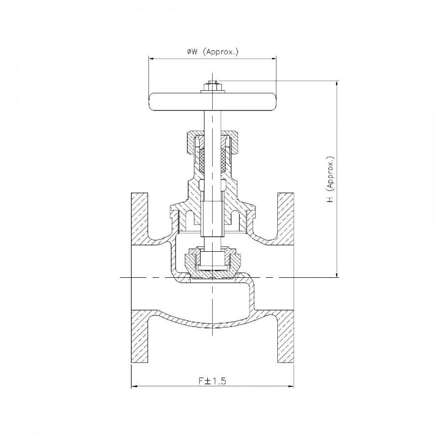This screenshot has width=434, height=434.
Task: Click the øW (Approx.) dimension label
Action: pos(213,52)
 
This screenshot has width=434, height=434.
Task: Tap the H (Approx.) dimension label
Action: pos(330,179)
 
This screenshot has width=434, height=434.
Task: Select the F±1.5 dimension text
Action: pos(212,381)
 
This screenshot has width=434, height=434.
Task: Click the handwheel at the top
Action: pos(213,102)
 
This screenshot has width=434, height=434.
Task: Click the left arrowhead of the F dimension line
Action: pos(134,386)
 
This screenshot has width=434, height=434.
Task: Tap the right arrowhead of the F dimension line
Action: pos(291,386)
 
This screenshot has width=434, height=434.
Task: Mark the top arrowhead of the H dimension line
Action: pos(337,84)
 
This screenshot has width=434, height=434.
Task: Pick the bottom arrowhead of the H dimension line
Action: pos(337,273)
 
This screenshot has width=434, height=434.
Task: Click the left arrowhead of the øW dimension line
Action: pos(152,58)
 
